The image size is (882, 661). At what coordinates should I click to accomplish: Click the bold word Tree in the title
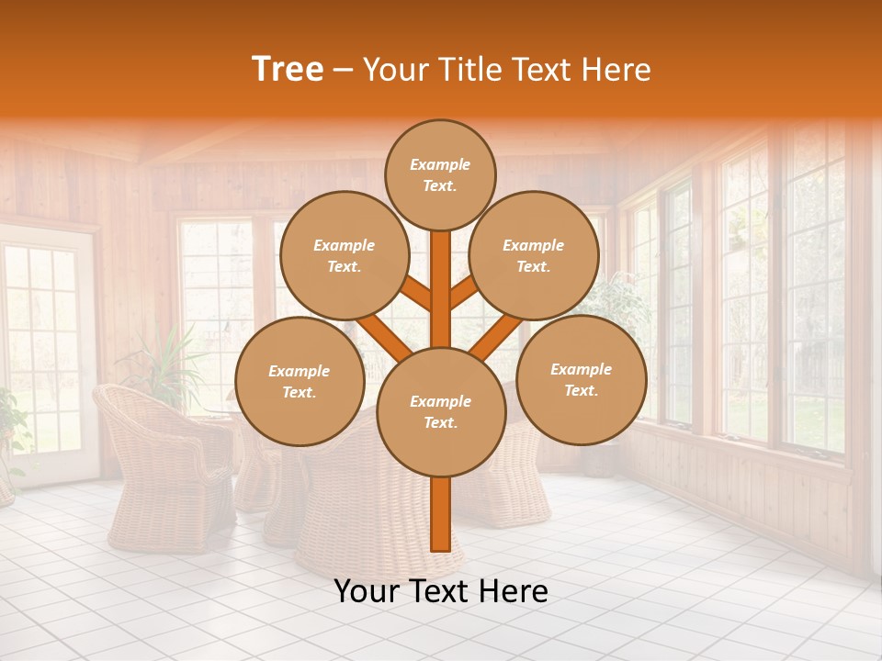pos(288,70)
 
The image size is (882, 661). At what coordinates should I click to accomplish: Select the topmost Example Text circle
pos(440,174)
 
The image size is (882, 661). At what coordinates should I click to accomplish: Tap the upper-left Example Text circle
pos(344,256)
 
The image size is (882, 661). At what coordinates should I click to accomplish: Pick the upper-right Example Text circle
pos(534,256)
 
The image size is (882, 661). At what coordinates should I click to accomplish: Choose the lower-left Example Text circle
pos(300,382)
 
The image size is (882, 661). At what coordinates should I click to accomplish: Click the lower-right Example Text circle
pos(581,380)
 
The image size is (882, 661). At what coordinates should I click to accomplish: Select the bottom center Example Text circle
pos(441,412)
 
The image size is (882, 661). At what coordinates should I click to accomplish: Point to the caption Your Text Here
pos(441,591)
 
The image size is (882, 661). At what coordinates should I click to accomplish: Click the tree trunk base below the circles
pos(441,514)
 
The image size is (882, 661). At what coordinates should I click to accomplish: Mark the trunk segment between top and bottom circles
pos(441,289)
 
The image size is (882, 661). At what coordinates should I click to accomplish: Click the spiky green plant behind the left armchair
pos(165,363)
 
